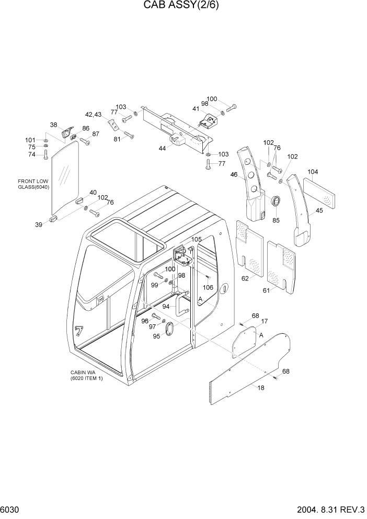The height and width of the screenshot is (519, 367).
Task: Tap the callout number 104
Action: (x=313, y=172)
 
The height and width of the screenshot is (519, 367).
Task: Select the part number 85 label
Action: (x=276, y=220)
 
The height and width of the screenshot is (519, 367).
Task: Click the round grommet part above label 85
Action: (x=276, y=201)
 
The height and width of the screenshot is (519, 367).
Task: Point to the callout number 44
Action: (x=162, y=149)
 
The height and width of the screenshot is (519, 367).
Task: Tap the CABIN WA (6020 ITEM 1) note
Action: (x=87, y=376)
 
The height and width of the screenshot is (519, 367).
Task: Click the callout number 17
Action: (x=264, y=321)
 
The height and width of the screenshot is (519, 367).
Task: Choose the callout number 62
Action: (x=245, y=279)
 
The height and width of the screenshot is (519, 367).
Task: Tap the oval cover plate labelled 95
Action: (x=170, y=329)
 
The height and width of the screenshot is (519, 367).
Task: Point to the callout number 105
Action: (x=196, y=240)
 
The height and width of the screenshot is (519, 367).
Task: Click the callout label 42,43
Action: (x=94, y=114)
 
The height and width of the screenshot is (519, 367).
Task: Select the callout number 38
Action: (x=53, y=125)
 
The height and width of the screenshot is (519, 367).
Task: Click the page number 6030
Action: (x=10, y=510)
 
